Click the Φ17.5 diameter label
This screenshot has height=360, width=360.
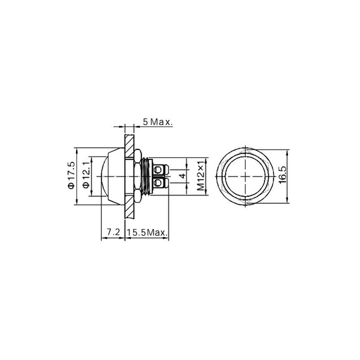click(71, 175)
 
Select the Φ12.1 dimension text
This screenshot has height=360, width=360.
click(86, 175)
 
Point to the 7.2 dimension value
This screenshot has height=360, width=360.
click(113, 232)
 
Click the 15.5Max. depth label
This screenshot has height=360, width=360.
click(147, 232)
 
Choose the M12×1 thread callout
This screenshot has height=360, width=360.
click(201, 176)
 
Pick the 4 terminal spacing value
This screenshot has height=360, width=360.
click(183, 176)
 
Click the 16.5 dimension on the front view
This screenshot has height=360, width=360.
click(283, 175)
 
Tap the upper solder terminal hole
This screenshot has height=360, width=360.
click(158, 170)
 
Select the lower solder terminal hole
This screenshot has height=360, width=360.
click(158, 183)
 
